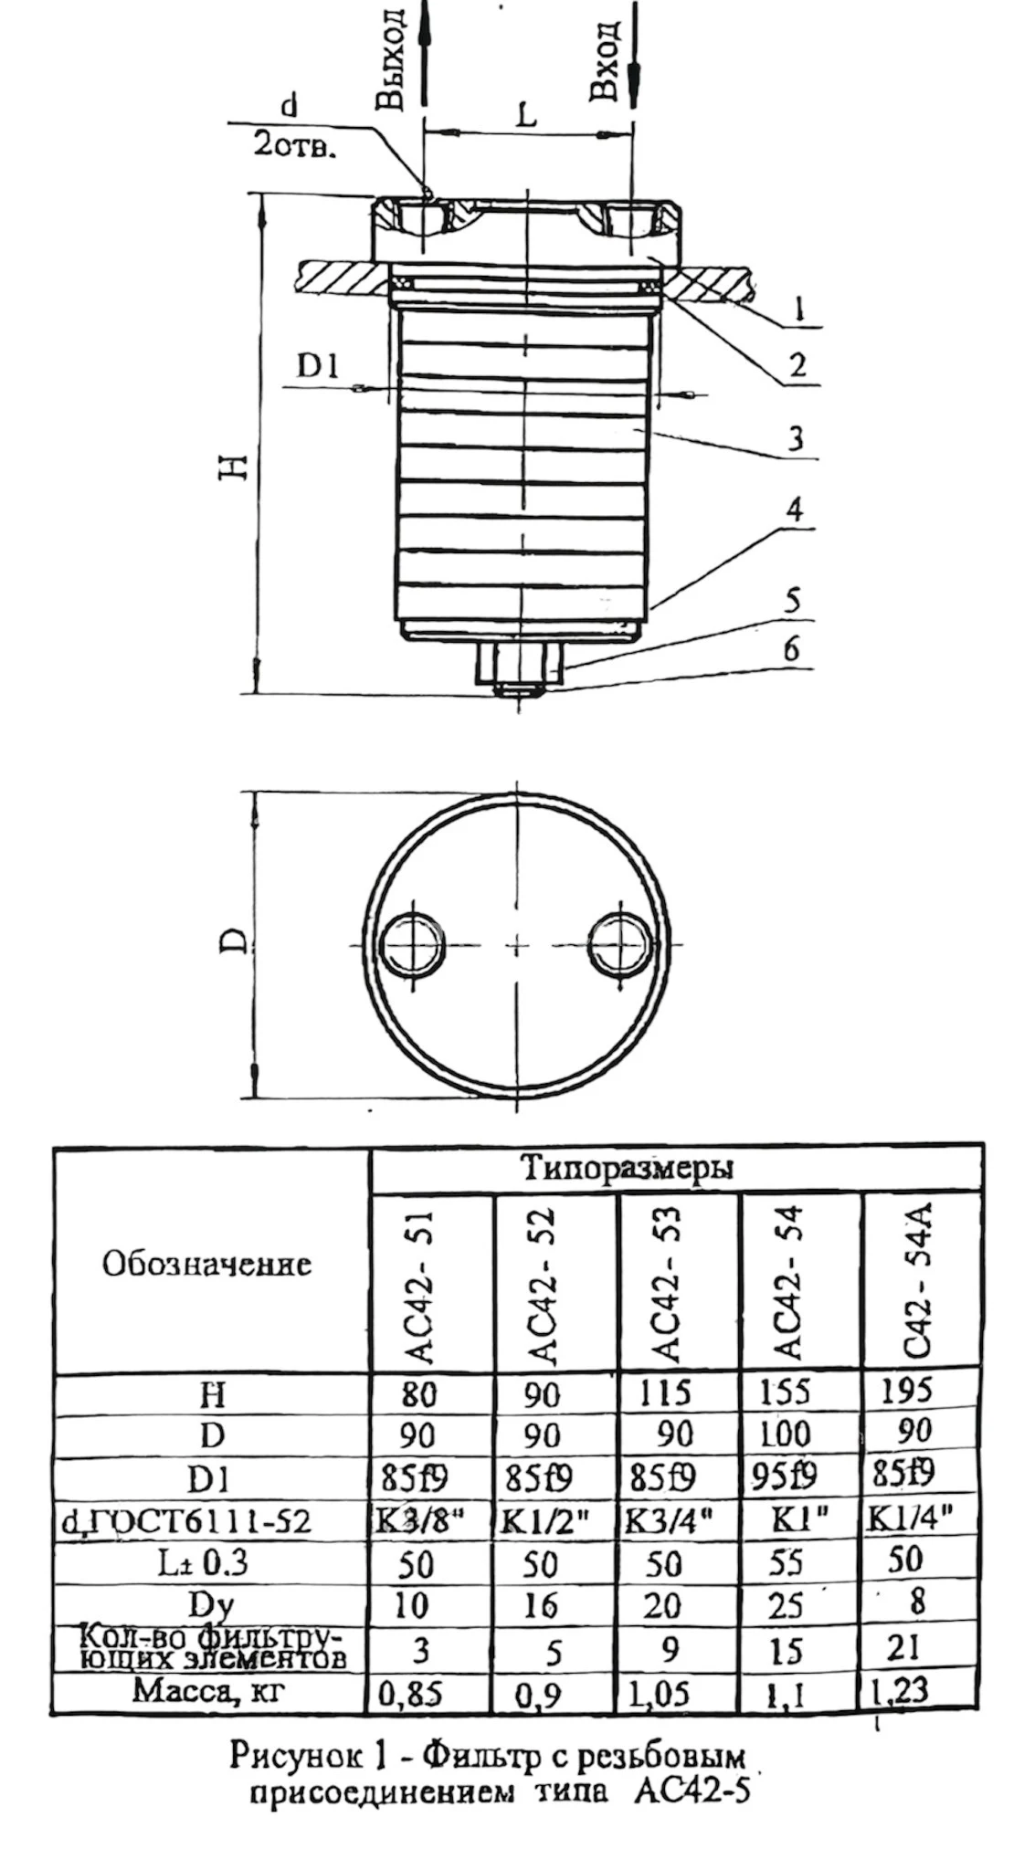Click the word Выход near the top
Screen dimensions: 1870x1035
point(392,58)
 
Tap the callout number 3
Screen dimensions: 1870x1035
point(796,438)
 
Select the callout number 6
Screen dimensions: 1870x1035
point(791,648)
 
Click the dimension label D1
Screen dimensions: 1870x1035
point(318,367)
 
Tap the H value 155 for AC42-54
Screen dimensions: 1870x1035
point(785,1392)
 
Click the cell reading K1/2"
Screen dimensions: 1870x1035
point(546,1519)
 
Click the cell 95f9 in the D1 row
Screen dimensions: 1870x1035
point(788,1476)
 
